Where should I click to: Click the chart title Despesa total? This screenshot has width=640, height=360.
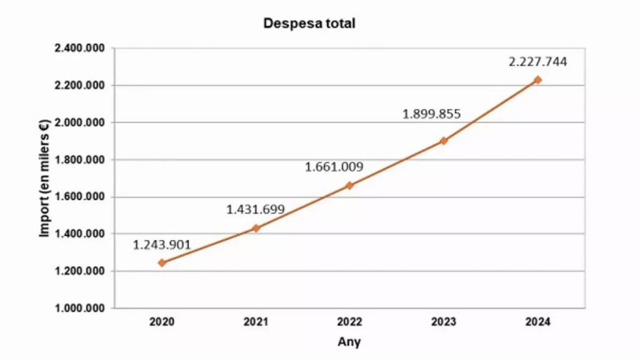tap(309, 24)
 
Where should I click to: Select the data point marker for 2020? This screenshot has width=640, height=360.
tap(162, 263)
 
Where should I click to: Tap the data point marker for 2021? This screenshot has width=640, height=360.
tap(256, 228)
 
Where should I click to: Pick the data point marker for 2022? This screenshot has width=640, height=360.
tap(350, 186)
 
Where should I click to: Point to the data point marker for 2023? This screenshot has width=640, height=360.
tap(444, 141)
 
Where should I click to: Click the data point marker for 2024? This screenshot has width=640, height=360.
tap(537, 80)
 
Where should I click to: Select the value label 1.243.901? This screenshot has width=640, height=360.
tap(162, 244)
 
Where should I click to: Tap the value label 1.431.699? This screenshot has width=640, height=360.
tap(255, 209)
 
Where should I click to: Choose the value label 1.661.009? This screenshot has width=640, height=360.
tap(334, 167)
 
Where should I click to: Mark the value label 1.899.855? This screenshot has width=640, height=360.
tap(431, 114)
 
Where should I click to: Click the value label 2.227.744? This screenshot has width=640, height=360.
tap(537, 61)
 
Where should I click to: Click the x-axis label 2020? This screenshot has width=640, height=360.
tap(162, 322)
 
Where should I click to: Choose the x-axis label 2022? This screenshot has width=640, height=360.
tap(350, 322)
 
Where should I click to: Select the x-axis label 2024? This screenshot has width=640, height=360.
tap(537, 322)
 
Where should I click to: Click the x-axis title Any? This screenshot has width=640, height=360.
tap(349, 342)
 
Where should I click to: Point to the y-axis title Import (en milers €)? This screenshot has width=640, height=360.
tap(45, 178)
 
